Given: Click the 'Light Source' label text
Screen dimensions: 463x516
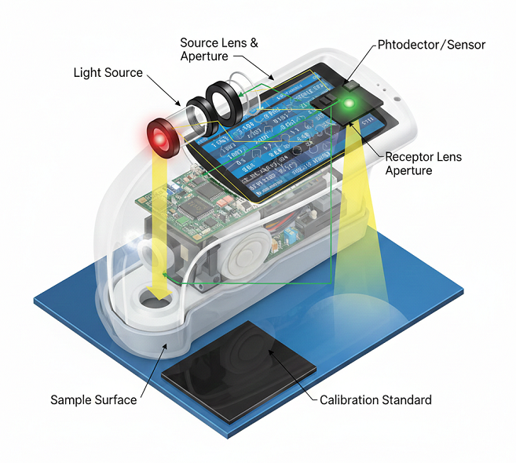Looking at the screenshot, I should point(108,73).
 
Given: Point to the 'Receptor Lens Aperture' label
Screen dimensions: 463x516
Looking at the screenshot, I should point(423,163).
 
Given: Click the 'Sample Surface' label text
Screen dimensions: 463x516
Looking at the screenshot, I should point(93,399).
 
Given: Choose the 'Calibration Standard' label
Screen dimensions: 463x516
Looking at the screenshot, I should point(375,399).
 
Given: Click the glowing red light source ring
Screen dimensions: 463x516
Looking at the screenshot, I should point(161,137).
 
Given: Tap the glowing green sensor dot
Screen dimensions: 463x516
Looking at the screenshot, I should point(349,103).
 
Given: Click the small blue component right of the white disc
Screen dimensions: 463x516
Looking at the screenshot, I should point(289,235).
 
